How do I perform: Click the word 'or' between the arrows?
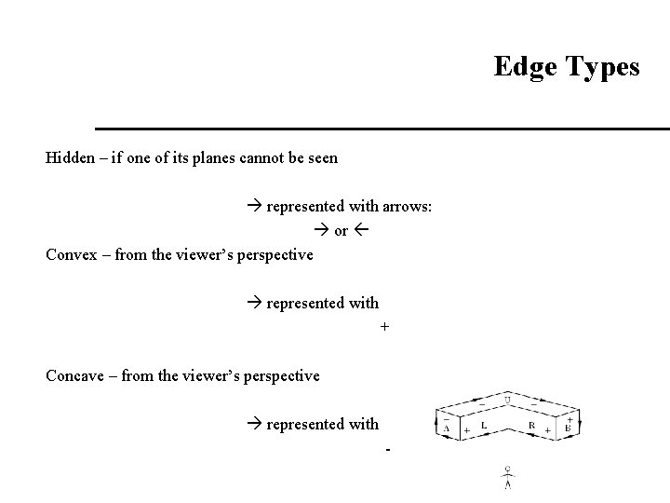pyautogui.click(x=341, y=230)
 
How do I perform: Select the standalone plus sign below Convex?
pyautogui.click(x=384, y=328)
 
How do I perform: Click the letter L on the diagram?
pyautogui.click(x=484, y=425)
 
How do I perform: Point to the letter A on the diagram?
pyautogui.click(x=447, y=428)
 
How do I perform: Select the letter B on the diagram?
pyautogui.click(x=568, y=428)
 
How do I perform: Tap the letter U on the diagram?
pyautogui.click(x=507, y=401)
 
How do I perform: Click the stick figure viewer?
pyautogui.click(x=507, y=477)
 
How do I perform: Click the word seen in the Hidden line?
pyautogui.click(x=322, y=157)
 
